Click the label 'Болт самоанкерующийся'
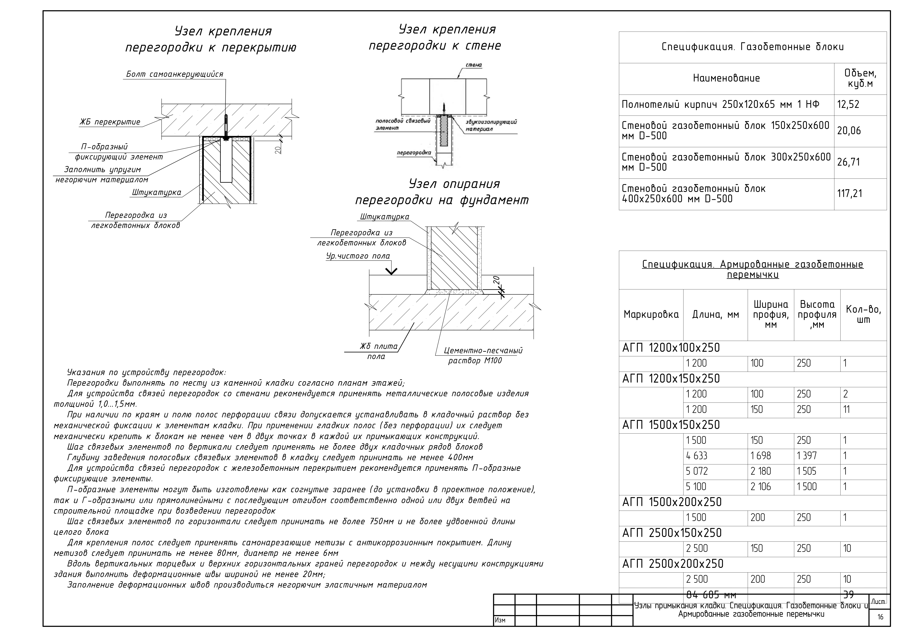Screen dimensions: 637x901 point(175,74)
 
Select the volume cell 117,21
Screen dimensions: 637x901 point(850,193)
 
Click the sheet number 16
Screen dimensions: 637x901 point(880,617)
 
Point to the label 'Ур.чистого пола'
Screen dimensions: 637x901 point(358,256)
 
